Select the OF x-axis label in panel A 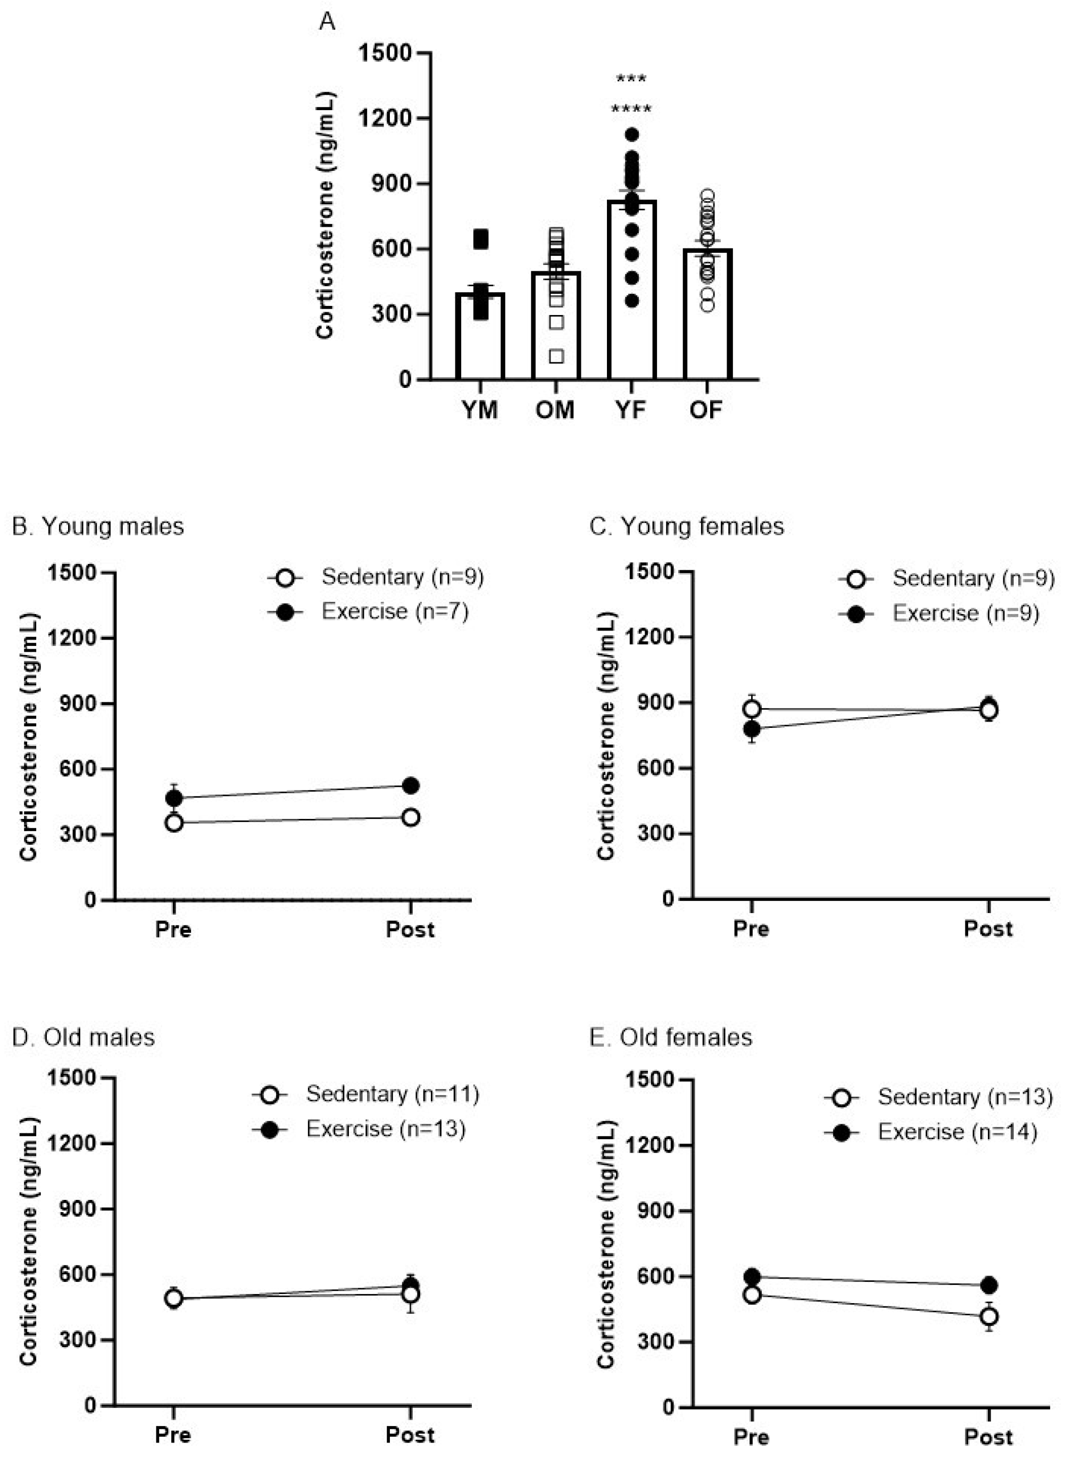(x=706, y=410)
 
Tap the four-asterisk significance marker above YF (x=631, y=109)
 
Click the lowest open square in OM (x=556, y=355)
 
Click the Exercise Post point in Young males (x=410, y=785)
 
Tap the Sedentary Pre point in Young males (x=173, y=823)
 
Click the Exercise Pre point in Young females (x=752, y=728)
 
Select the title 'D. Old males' (x=83, y=1037)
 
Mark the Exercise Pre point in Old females (x=752, y=1277)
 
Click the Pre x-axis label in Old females (x=752, y=1436)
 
